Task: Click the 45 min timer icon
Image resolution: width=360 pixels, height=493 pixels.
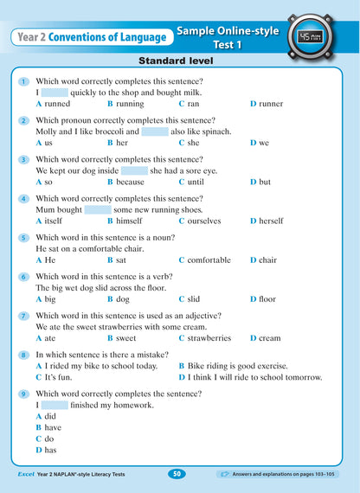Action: click(x=310, y=37)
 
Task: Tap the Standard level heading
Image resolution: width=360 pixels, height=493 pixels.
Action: click(x=179, y=62)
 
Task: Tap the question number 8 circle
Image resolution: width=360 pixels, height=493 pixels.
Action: click(x=22, y=355)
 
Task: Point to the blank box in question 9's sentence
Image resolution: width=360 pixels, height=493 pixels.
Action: click(x=55, y=405)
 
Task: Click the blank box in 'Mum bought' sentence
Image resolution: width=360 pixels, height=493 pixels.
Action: click(x=99, y=209)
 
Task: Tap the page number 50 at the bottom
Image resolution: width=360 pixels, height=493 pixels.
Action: click(x=176, y=473)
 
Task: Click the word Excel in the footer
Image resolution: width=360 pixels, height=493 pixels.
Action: click(x=28, y=474)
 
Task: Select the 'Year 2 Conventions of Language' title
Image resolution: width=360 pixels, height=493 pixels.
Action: click(x=91, y=37)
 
